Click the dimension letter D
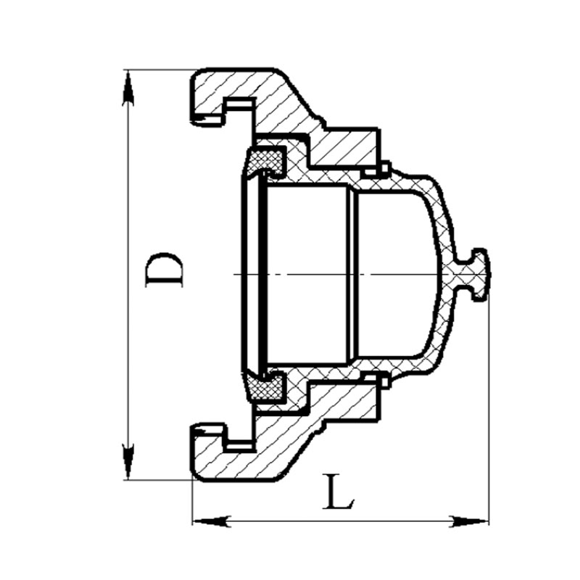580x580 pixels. pos(164,270)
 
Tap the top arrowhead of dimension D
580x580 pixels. pos(128,88)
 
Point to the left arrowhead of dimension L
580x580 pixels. pos(211,521)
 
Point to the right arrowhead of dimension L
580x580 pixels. pos(470,521)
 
